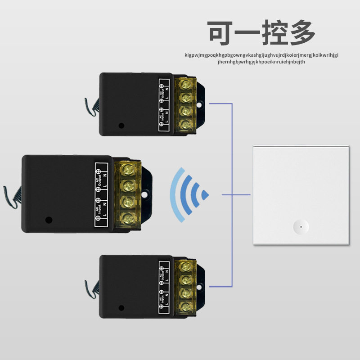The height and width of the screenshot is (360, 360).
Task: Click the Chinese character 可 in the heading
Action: [222, 32]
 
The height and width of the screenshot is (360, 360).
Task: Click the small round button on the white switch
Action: [300, 225]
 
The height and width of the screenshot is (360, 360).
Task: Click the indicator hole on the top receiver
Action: [121, 126]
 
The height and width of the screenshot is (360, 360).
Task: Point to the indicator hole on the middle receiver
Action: [49, 220]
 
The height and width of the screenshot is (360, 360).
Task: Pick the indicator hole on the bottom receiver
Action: [121, 308]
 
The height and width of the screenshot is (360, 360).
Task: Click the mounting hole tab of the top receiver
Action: [200, 105]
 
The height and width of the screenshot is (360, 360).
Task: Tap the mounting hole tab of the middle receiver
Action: [145, 195]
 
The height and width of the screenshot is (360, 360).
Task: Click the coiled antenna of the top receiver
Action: [91, 106]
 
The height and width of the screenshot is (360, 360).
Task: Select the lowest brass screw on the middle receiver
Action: [128, 219]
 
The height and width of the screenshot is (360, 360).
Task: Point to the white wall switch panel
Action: [301, 194]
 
